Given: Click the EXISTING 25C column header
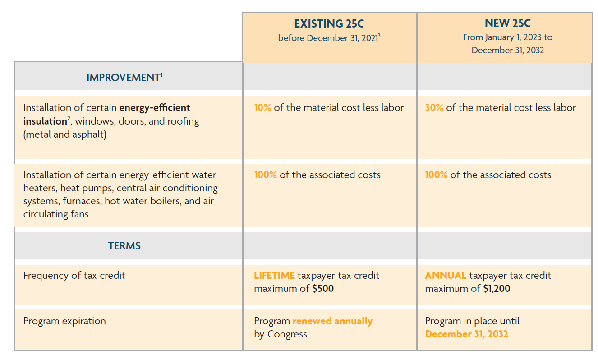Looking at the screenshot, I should (x=329, y=23).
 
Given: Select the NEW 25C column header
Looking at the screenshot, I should (x=507, y=23).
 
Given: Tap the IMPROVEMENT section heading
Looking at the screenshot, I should (x=123, y=78).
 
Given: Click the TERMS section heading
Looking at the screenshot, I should (x=124, y=246).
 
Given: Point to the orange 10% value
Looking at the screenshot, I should (x=262, y=108).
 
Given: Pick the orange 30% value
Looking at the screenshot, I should (x=434, y=108).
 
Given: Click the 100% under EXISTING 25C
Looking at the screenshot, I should (x=265, y=175).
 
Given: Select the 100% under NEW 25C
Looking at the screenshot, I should (x=436, y=175).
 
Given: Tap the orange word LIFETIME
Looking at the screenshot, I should (x=274, y=276).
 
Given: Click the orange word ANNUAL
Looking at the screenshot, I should (x=445, y=276).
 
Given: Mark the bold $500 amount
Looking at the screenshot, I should (x=323, y=289).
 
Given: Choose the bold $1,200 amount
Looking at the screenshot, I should (x=497, y=289).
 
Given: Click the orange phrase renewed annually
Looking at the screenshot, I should (x=332, y=321).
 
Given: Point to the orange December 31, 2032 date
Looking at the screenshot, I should (x=466, y=334).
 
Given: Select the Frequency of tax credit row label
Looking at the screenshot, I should (x=74, y=276).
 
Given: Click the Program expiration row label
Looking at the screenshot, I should (x=64, y=321).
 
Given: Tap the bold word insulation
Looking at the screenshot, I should (x=45, y=121).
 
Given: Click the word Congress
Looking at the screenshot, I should (x=287, y=334).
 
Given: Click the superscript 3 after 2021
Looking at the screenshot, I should (x=379, y=35).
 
